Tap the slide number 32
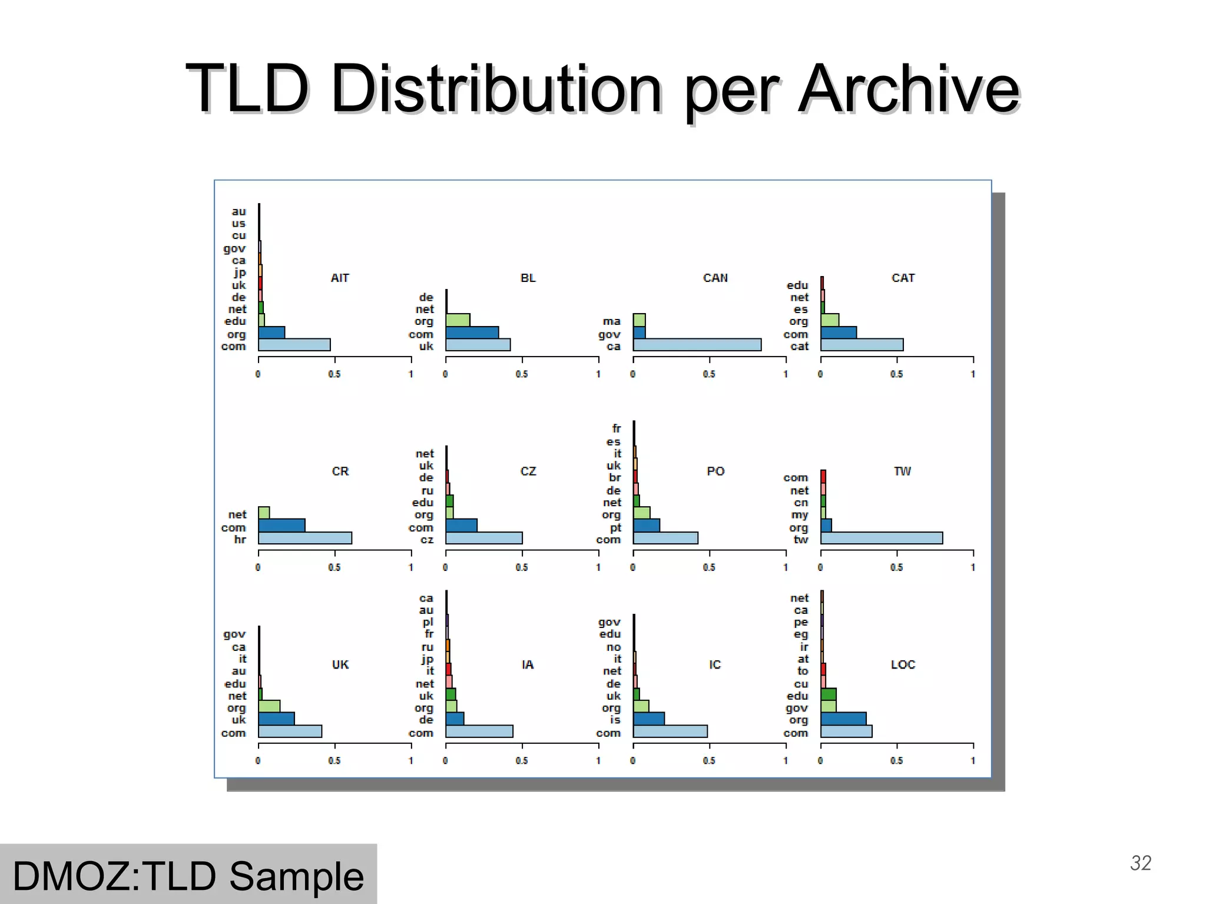click(1141, 863)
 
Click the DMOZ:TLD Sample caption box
click(188, 875)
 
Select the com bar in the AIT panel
click(294, 345)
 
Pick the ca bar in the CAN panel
click(697, 345)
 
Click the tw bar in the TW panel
click(881, 538)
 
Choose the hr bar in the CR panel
click(304, 538)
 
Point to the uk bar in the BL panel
click(478, 345)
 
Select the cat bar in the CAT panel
click(862, 345)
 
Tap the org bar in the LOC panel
click(843, 719)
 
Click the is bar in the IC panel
click(648, 719)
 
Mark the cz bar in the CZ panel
click(483, 538)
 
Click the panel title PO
click(715, 471)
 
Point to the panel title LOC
click(903, 664)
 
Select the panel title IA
click(528, 664)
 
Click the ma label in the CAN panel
click(611, 321)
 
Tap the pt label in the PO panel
click(615, 527)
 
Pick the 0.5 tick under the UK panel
click(334, 760)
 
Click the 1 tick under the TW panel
click(973, 567)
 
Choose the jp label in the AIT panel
click(240, 272)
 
